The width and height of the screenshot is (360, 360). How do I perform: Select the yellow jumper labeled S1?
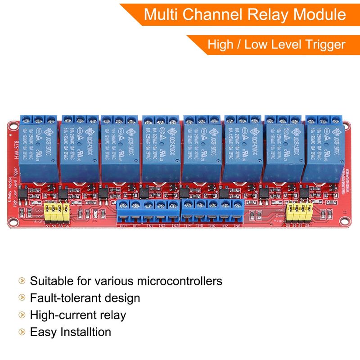[48, 211]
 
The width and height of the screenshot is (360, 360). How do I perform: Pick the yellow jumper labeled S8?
[308, 210]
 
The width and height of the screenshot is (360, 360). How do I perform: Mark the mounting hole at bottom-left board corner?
[13, 222]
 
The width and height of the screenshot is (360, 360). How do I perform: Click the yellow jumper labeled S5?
[290, 210]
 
